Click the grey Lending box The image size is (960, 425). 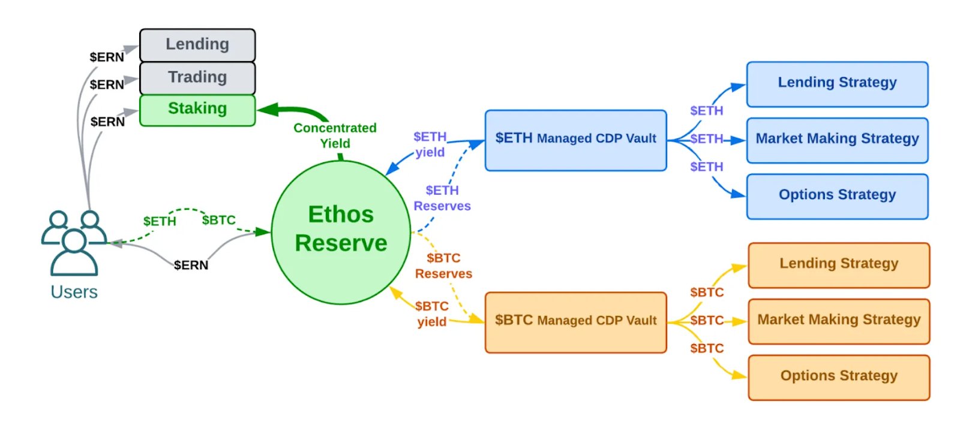tap(197, 45)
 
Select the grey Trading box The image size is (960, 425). tap(197, 78)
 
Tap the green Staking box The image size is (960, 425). tap(197, 110)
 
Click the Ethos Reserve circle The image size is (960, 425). tap(341, 232)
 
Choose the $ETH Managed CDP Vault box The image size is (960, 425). tap(575, 140)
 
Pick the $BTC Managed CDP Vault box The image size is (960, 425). tap(575, 322)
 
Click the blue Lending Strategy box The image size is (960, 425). tap(837, 83)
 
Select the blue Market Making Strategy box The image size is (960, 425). tap(837, 140)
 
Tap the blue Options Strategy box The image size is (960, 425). tap(837, 196)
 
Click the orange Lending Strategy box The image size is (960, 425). tap(839, 264)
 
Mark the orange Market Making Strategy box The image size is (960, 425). tap(839, 321)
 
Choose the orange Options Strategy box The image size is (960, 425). tap(839, 377)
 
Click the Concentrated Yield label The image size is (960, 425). tap(335, 135)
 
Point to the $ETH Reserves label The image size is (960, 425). tap(442, 198)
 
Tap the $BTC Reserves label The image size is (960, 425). tap(443, 266)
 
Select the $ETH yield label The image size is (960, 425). tap(430, 144)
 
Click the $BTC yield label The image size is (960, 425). tap(431, 314)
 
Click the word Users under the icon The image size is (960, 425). tap(74, 292)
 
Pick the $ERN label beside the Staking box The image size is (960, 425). tap(107, 122)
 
